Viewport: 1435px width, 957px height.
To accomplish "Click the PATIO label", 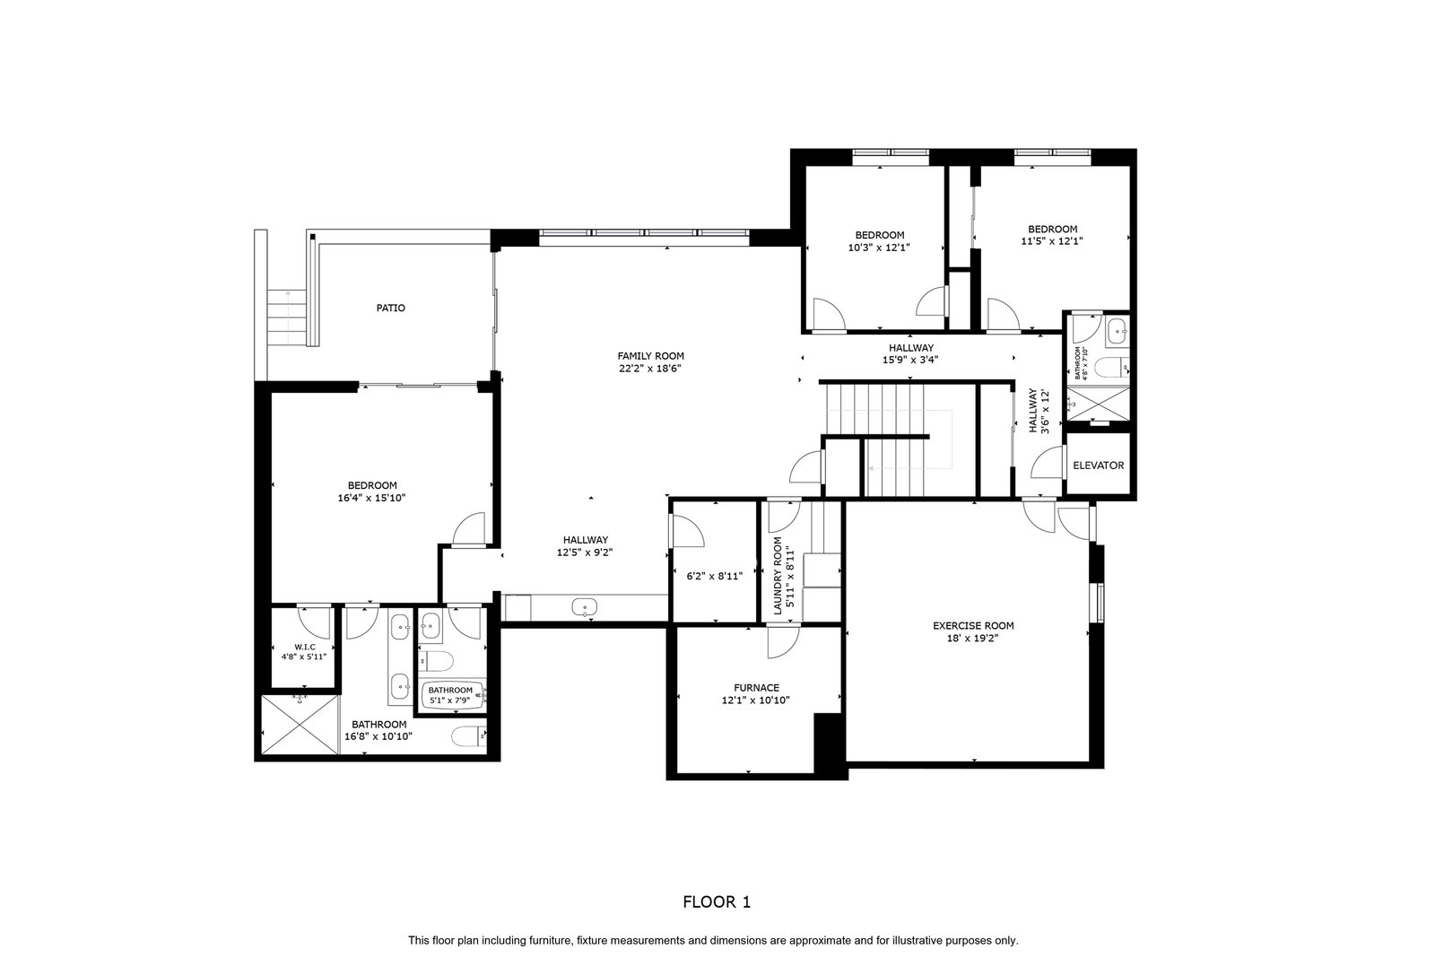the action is (x=390, y=309).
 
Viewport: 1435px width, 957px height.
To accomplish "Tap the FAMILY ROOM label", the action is (x=650, y=356).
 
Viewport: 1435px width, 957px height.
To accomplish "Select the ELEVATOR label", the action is (x=1098, y=465).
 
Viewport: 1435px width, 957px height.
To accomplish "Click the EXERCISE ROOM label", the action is (x=973, y=626).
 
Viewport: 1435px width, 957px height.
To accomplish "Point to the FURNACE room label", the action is (x=757, y=688).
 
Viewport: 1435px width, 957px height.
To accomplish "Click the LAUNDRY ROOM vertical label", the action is (x=778, y=576).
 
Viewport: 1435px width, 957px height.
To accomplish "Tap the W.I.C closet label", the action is (x=305, y=647).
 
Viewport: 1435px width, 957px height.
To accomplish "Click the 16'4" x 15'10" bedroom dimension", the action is (x=371, y=498).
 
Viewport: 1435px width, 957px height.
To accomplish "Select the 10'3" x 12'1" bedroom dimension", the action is (x=879, y=248).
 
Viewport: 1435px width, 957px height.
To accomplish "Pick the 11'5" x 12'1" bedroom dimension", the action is (x=1052, y=241).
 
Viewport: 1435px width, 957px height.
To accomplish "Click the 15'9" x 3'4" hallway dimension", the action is (x=910, y=360).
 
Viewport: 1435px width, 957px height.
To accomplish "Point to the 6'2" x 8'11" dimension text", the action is (x=714, y=576).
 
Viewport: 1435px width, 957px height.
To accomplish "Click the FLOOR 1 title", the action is (x=717, y=902).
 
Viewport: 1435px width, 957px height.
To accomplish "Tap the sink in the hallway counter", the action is (x=584, y=606).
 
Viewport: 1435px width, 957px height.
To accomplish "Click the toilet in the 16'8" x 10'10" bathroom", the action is (x=468, y=736).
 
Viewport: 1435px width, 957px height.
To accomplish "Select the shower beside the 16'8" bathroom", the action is (x=300, y=725).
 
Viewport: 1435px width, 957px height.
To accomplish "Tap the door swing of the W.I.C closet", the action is (x=314, y=622).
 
